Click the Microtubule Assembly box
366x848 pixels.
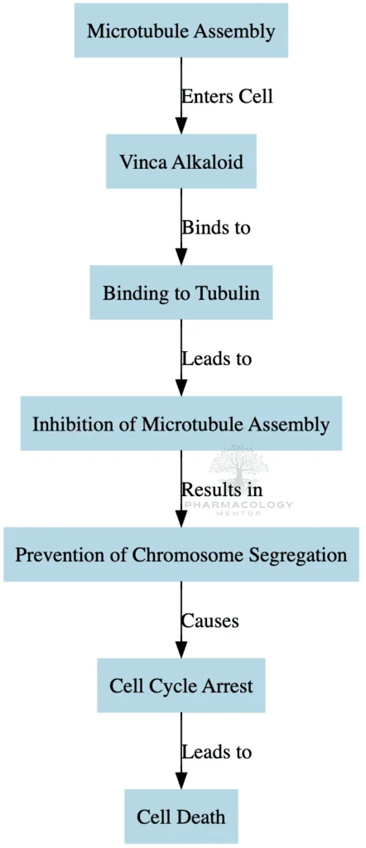[x=181, y=31]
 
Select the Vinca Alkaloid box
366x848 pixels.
[x=181, y=161]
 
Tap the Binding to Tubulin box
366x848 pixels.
[x=181, y=292]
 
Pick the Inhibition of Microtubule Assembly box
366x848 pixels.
[x=181, y=424]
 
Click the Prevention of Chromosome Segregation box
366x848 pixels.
[x=181, y=554]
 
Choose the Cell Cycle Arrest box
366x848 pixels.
[x=181, y=686]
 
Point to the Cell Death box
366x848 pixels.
[x=181, y=817]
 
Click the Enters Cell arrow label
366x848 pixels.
[x=227, y=96]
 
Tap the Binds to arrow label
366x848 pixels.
[x=216, y=227]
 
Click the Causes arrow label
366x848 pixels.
[x=210, y=619]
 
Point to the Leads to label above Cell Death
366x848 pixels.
[x=217, y=751]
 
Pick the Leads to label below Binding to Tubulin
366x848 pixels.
[x=217, y=359]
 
